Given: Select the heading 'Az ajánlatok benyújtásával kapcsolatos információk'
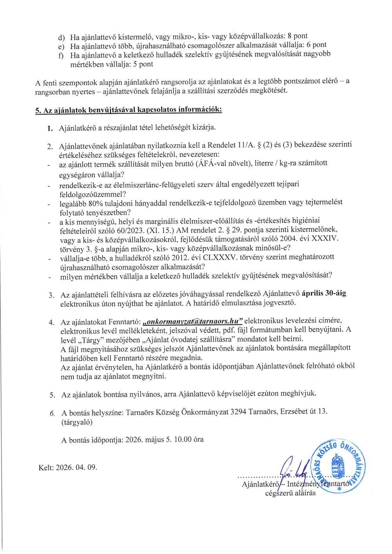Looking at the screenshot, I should tap(129, 110).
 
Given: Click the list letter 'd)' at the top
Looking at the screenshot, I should tap(61, 38).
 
